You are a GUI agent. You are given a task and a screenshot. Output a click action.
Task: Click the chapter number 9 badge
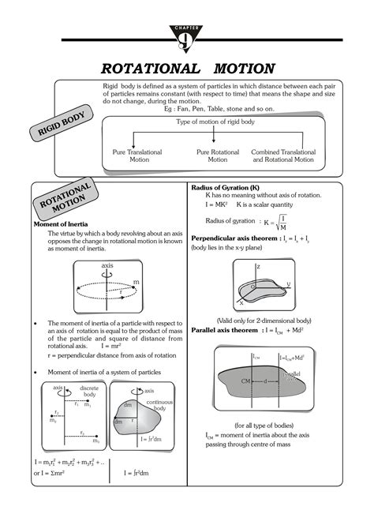point(187,34)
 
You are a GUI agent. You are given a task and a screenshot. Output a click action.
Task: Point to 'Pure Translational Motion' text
point(136,155)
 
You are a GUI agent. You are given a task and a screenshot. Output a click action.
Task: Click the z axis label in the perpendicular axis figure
point(258,267)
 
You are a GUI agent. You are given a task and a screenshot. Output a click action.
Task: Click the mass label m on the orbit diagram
point(135,282)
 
